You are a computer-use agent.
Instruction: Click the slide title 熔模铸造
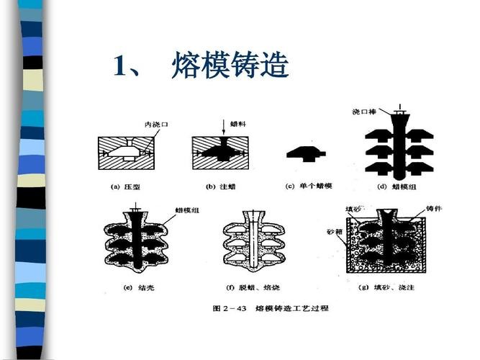tap(230, 66)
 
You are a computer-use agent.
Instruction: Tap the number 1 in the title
tap(120, 67)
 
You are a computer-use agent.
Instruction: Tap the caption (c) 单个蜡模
tap(309, 187)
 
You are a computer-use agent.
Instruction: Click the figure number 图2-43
tap(229, 308)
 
